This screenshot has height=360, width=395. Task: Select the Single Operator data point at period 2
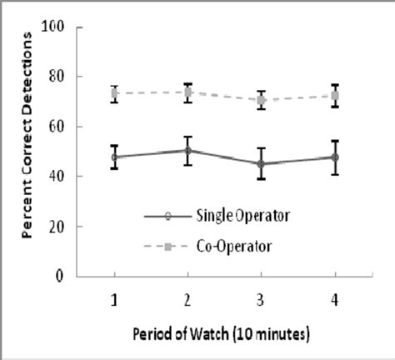[x=188, y=151]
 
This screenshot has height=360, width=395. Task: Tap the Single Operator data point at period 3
[x=261, y=163]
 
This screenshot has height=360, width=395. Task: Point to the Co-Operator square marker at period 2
[x=188, y=92]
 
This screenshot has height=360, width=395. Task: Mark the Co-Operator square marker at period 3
[x=261, y=100]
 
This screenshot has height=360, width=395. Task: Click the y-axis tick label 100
[x=57, y=27]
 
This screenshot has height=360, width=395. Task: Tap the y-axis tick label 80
[x=61, y=77]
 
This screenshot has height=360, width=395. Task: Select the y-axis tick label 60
[x=61, y=127]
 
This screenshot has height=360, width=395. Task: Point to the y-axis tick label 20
[x=61, y=226]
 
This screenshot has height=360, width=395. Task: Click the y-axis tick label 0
[x=64, y=276]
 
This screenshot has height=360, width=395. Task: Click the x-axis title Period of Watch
[x=220, y=334]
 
